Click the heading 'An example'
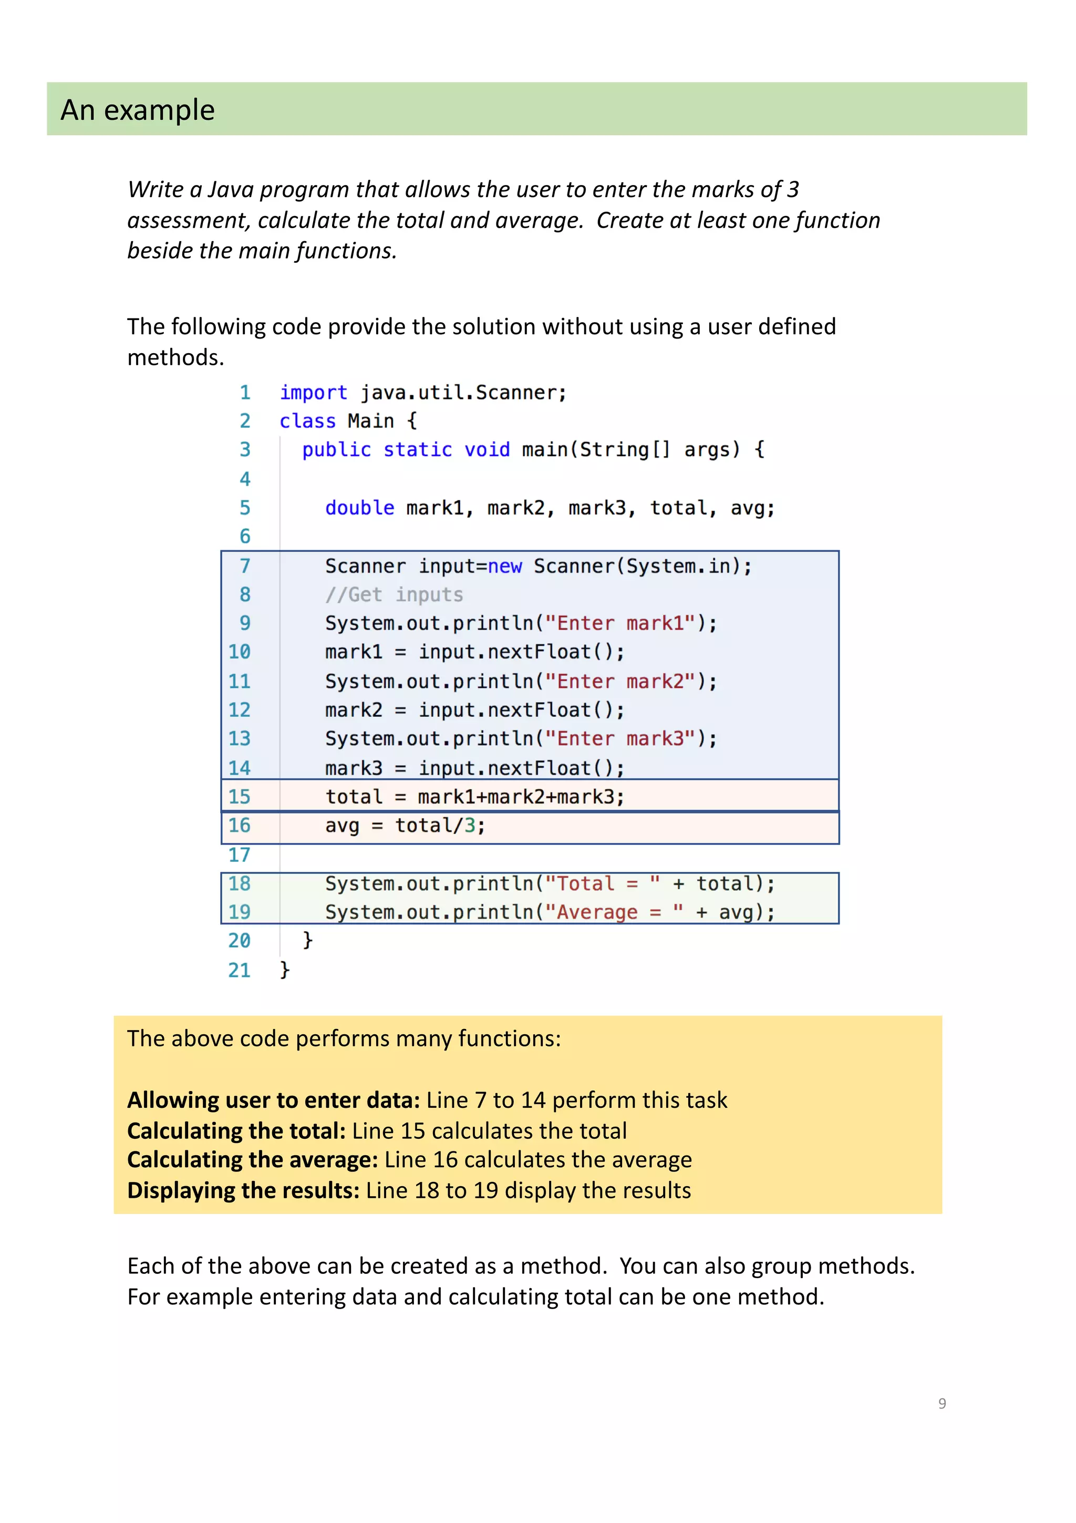137,110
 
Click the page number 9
941,1403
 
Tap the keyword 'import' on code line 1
313,393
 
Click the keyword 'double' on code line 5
359,508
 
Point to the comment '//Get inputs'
394,594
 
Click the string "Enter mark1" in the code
620,623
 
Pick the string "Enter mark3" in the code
620,739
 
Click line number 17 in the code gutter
240,855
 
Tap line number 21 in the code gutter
240,971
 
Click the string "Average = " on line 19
613,913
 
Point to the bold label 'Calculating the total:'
236,1131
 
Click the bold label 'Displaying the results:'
243,1191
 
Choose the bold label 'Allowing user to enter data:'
273,1100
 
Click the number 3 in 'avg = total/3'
469,826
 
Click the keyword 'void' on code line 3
487,450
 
